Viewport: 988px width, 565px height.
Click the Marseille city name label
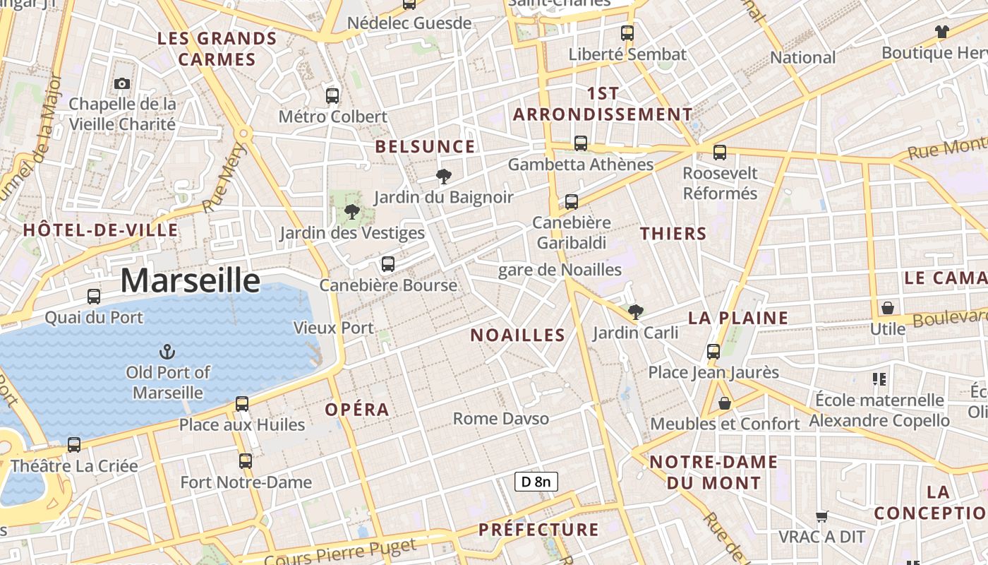(190, 280)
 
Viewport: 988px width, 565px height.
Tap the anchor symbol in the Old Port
(167, 351)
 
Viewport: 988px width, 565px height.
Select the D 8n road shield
(536, 482)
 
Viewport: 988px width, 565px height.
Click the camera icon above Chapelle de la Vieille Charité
(122, 83)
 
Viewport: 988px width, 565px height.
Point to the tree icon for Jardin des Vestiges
(351, 211)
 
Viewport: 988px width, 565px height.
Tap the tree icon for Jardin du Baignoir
(443, 176)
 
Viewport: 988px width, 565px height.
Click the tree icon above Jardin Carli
(635, 311)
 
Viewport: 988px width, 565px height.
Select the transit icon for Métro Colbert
(332, 95)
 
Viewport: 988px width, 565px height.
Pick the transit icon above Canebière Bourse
(387, 264)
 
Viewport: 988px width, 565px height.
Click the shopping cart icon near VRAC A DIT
(821, 516)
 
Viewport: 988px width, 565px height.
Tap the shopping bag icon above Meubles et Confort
(724, 403)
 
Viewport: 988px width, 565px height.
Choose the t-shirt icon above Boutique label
(941, 31)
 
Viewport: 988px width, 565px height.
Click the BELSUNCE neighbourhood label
(425, 147)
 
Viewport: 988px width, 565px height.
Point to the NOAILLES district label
(518, 335)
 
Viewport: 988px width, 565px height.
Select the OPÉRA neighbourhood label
(357, 410)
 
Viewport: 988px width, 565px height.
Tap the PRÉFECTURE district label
(538, 530)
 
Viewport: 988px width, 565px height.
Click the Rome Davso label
(500, 419)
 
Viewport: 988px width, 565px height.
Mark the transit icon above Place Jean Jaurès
(713, 351)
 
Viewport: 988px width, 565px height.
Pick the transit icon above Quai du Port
(94, 297)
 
